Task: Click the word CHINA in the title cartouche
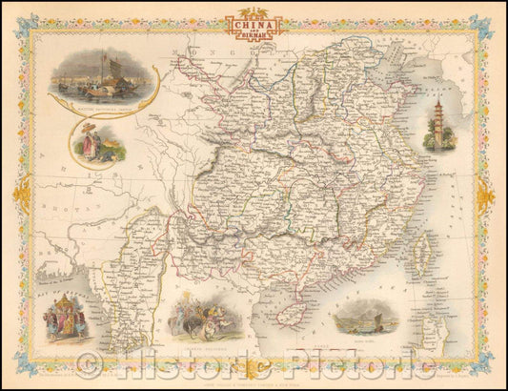254,25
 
